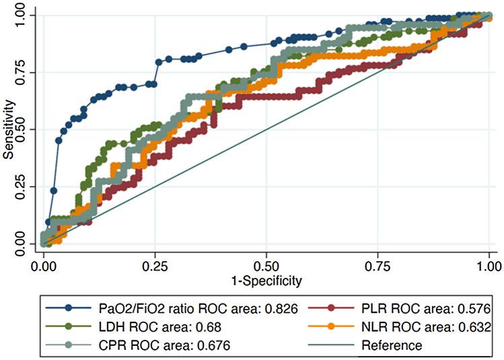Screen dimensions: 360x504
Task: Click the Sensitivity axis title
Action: click(x=8, y=129)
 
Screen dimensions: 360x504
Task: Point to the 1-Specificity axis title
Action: click(x=266, y=279)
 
